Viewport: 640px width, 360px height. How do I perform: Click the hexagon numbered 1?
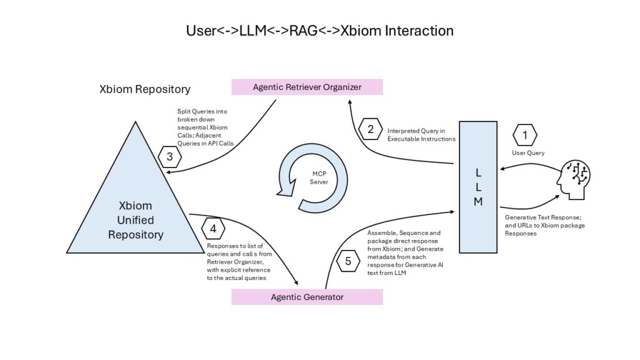pyautogui.click(x=525, y=134)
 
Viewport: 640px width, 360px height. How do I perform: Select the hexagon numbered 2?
pyautogui.click(x=371, y=130)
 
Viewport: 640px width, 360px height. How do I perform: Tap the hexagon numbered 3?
pyautogui.click(x=169, y=157)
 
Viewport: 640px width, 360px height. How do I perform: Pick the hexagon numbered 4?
pyautogui.click(x=213, y=229)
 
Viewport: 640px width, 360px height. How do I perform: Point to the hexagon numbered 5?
pyautogui.click(x=348, y=261)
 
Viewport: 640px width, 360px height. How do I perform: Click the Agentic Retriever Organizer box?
pyautogui.click(x=307, y=87)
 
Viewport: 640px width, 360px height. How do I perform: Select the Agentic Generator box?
pyautogui.click(x=307, y=297)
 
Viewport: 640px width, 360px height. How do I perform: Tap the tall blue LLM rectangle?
pyautogui.click(x=478, y=187)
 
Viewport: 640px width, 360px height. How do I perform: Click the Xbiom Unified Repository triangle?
pyautogui.click(x=136, y=212)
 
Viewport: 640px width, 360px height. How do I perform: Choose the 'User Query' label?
pyautogui.click(x=528, y=153)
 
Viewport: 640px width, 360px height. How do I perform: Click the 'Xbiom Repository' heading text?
pyautogui.click(x=145, y=89)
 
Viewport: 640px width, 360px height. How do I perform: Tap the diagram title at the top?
pyautogui.click(x=319, y=31)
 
